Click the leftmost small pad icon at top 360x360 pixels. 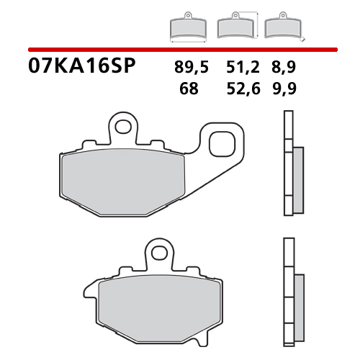187,27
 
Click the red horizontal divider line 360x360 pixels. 180,49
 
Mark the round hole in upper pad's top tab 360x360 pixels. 123,128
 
